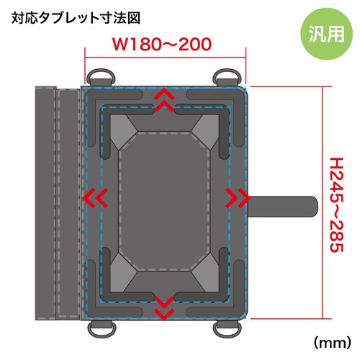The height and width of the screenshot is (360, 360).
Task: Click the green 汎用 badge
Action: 326,34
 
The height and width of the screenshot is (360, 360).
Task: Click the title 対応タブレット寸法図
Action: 76,19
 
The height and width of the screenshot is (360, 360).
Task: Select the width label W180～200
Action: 162,45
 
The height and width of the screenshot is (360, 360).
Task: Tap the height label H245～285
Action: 336,204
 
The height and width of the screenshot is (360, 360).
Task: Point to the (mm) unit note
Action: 333,343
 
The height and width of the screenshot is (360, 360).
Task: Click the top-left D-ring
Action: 101,77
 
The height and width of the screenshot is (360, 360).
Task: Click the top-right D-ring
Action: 227,77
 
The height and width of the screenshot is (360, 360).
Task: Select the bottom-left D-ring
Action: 102,328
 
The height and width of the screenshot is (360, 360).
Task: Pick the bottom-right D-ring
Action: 228,328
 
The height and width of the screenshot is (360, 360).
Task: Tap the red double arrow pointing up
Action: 164,100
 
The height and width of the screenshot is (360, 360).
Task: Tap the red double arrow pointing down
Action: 164,308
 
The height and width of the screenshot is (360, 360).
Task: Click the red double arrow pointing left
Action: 95,198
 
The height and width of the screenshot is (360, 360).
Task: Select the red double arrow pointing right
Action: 238,198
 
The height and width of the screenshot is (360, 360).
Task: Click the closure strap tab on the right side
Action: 282,207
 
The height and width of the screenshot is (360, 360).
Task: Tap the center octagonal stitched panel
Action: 164,202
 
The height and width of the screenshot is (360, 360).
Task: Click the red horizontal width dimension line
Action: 166,58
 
